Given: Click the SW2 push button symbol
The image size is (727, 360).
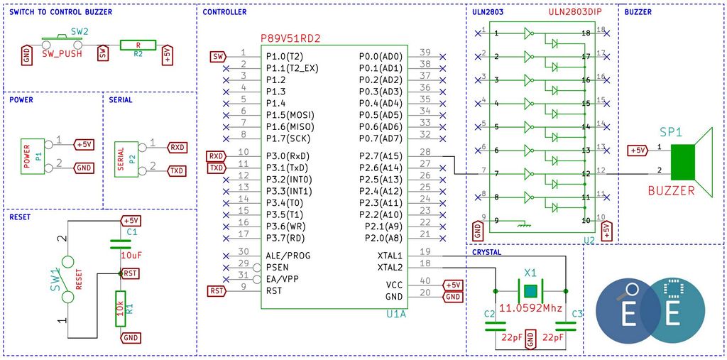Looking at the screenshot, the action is pos(62,42).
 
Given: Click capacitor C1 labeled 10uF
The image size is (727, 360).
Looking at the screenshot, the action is pos(121,244).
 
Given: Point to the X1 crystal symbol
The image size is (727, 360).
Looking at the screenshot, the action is pos(530,291).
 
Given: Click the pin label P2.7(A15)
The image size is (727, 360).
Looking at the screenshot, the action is pos(381,156).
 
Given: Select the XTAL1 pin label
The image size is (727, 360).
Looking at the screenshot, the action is pos(390,256).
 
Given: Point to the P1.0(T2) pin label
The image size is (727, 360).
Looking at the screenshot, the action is pos(285,57).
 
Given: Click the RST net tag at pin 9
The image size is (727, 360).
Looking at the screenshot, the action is pos(217,291).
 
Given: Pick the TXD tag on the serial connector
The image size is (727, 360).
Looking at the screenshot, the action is pos(177,170).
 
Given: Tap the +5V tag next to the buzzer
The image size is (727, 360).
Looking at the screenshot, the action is pos(637,151).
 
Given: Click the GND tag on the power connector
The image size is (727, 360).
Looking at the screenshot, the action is pos(84,168).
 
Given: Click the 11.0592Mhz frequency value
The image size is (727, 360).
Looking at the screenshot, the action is pos(530,308).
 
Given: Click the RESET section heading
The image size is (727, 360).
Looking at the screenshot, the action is pos(20,217).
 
